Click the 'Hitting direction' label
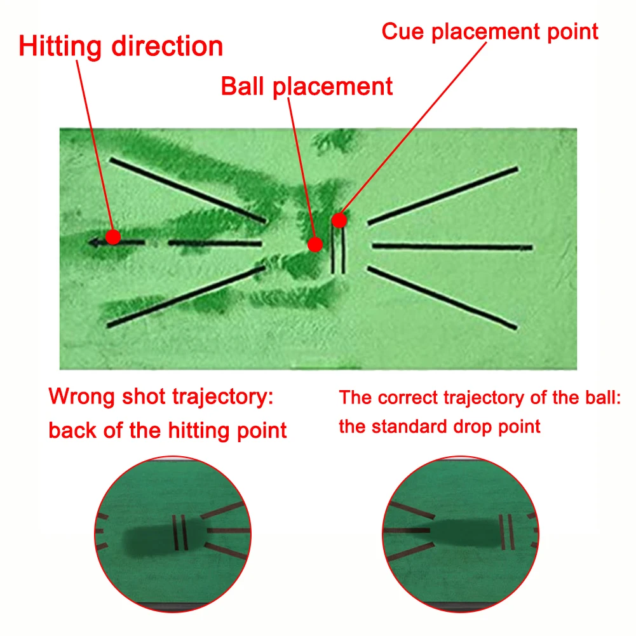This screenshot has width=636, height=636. (121, 47)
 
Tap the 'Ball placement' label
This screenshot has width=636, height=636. (307, 86)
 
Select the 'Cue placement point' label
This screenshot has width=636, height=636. (490, 31)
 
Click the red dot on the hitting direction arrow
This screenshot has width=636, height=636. (113, 237)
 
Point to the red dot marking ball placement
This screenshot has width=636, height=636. (315, 244)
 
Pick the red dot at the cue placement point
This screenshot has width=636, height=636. (339, 220)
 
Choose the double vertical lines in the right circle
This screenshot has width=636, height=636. (506, 532)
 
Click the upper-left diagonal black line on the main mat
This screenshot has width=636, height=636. (188, 190)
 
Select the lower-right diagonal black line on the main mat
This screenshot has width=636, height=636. (442, 297)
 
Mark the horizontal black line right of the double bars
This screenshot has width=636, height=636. (452, 246)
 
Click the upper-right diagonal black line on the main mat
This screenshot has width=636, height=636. (443, 196)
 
